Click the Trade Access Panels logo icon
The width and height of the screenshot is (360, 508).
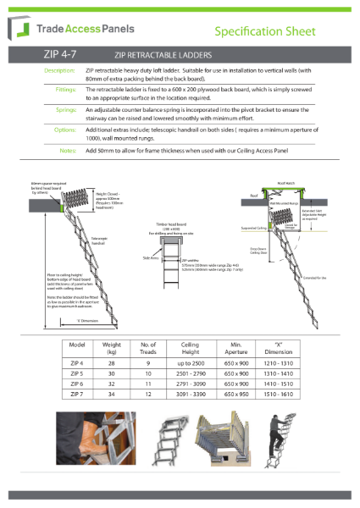click(x=22, y=31)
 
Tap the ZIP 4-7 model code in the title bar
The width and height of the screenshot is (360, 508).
click(x=61, y=55)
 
